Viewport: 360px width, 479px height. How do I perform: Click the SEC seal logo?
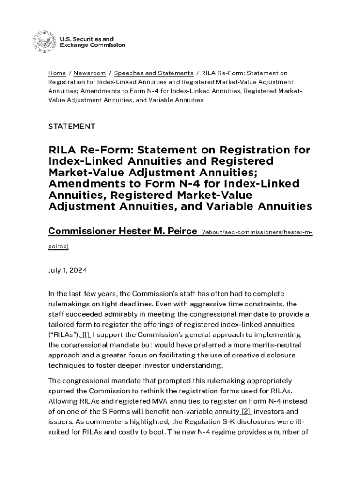pyautogui.click(x=43, y=42)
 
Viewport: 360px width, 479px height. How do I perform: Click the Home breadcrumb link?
pyautogui.click(x=57, y=73)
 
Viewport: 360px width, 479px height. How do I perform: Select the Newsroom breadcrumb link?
pyautogui.click(x=89, y=73)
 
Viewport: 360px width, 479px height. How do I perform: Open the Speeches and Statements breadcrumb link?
pyautogui.click(x=153, y=73)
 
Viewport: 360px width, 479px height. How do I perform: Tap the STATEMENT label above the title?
pyautogui.click(x=72, y=126)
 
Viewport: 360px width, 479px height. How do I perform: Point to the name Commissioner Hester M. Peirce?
pyautogui.click(x=122, y=231)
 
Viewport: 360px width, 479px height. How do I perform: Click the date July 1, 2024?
pyautogui.click(x=68, y=270)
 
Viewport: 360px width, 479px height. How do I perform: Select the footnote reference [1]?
pyautogui.click(x=86, y=334)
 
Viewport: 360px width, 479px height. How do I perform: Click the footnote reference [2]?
pyautogui.click(x=246, y=411)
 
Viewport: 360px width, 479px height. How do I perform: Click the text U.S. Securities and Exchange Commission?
pyautogui.click(x=92, y=42)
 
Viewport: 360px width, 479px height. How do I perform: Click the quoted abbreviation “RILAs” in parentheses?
pyautogui.click(x=65, y=334)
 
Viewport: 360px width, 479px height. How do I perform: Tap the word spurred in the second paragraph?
pyautogui.click(x=61, y=391)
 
